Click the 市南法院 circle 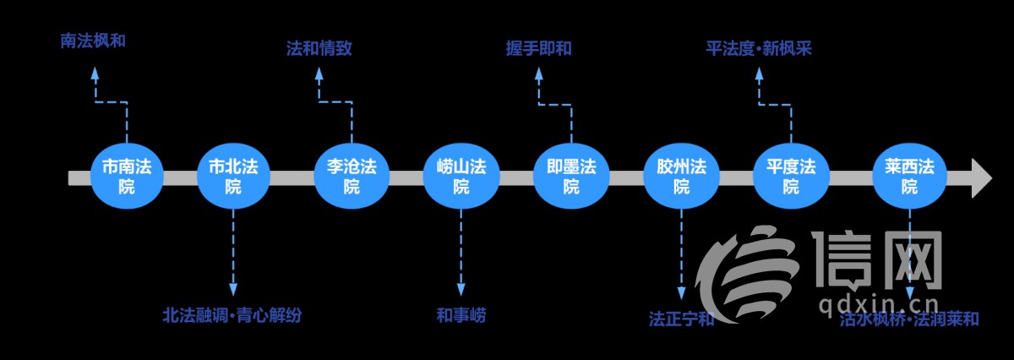[127, 177]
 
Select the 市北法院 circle [233, 177]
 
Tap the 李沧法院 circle [352, 177]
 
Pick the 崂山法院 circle [461, 177]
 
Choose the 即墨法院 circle [571, 177]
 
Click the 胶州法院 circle [681, 177]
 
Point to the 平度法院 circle [791, 177]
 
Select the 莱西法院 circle [909, 177]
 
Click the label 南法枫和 [93, 40]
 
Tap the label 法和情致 [319, 48]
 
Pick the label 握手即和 [538, 48]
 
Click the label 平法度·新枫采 [758, 48]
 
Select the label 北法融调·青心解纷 [232, 316]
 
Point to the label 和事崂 [461, 316]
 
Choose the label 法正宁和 [681, 319]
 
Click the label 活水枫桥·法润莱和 [909, 319]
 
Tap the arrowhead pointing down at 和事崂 [461, 291]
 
